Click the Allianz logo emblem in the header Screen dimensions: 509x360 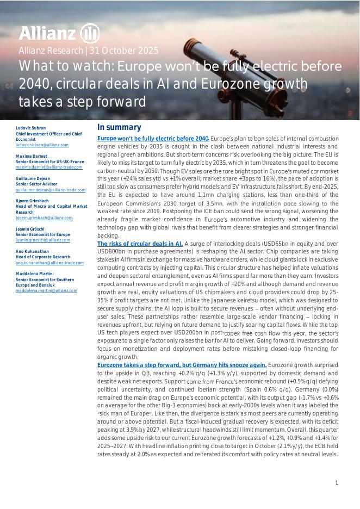coord(90,34)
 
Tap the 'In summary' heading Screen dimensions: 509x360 coord(119,127)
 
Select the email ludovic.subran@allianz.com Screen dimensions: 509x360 coord(42,145)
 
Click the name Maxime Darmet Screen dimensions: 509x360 coord(30,157)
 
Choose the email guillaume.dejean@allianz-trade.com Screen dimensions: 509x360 coord(51,190)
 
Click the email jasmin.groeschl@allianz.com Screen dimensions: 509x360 coord(43,240)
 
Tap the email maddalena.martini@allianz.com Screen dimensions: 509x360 coord(46,291)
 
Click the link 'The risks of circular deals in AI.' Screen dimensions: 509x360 coord(140,244)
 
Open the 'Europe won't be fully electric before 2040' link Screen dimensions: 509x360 coord(153,139)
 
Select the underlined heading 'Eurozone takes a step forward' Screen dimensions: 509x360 coord(182,365)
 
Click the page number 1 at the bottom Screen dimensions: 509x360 coord(337,483)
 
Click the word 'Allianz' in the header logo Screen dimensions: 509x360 coord(47,34)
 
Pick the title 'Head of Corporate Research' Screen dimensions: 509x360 coord(43,257)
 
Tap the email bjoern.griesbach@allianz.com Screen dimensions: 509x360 coord(44,218)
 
